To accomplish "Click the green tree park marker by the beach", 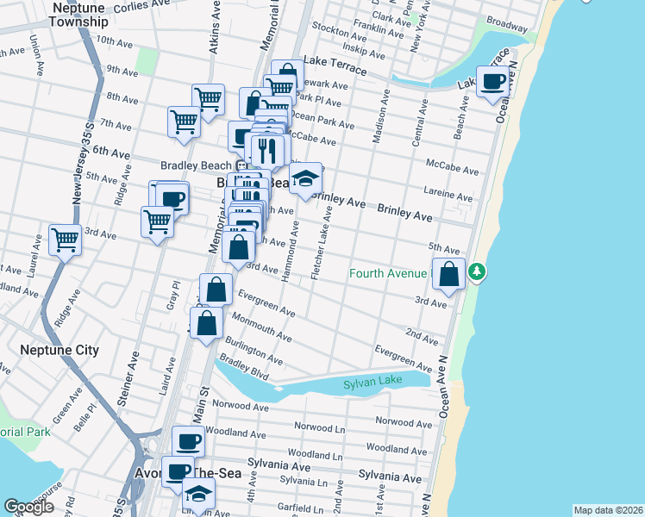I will pos(476,274).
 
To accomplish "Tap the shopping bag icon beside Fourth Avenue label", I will pos(448,276).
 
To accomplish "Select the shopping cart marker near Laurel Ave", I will pos(65,240).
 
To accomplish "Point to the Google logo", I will pos(29,507).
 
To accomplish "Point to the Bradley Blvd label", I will pos(245,369).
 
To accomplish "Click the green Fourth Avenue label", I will pos(388,274).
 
